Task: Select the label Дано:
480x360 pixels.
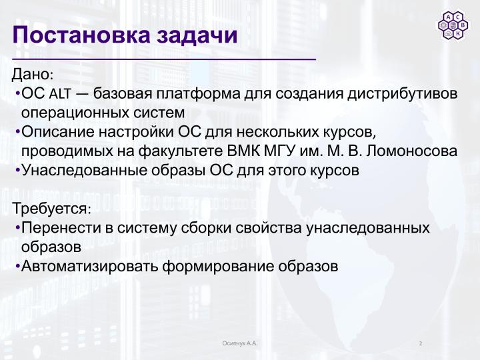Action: click(33, 73)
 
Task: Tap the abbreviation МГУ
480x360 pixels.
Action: click(281, 150)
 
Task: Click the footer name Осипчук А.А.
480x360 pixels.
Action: click(240, 343)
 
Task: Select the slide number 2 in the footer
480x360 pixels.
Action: click(421, 343)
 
